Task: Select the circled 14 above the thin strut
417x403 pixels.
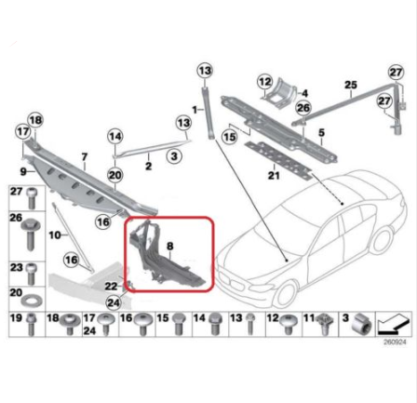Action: (114, 135)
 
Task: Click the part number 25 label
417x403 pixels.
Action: (350, 86)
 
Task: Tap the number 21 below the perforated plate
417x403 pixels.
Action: (273, 174)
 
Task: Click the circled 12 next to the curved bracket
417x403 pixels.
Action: (263, 82)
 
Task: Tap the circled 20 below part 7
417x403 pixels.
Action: (115, 174)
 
